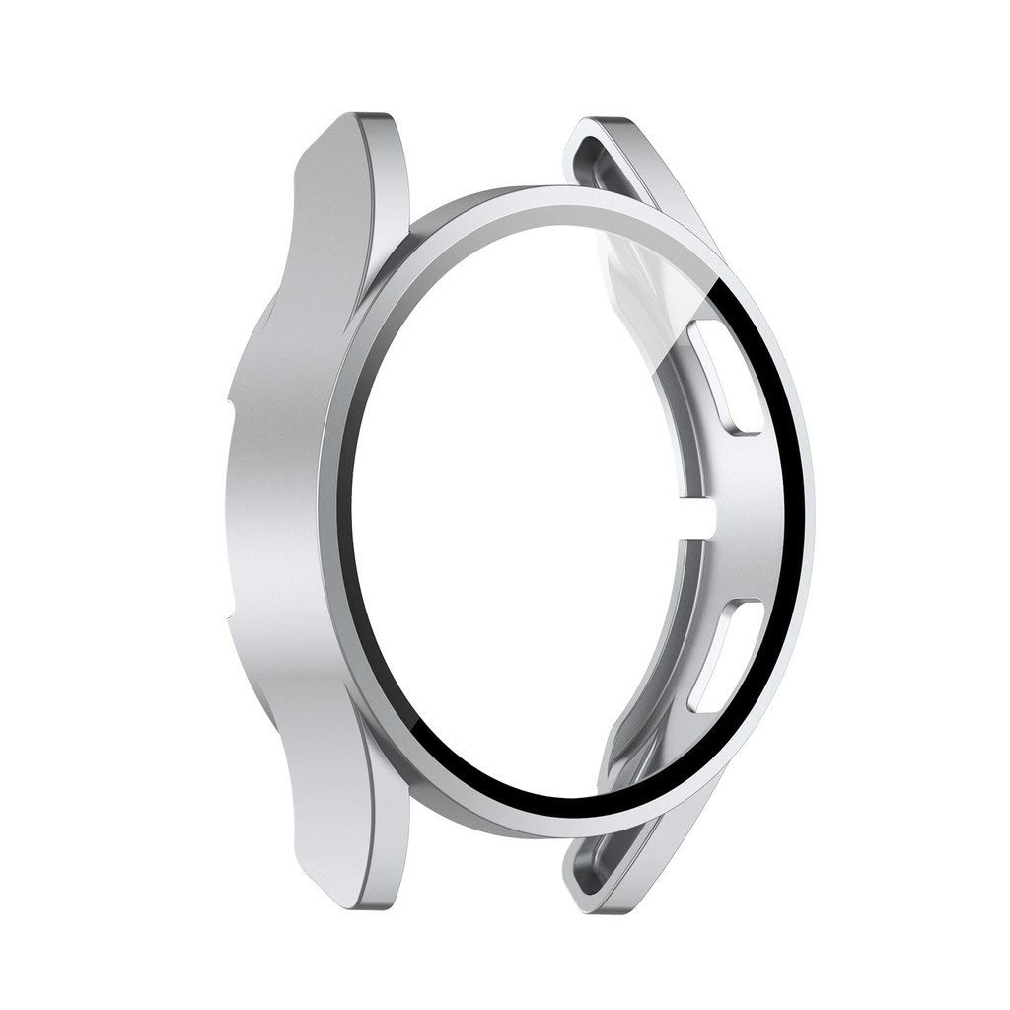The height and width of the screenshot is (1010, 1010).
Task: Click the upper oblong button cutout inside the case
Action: (725, 380)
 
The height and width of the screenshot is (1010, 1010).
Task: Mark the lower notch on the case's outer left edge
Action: (230, 626)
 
